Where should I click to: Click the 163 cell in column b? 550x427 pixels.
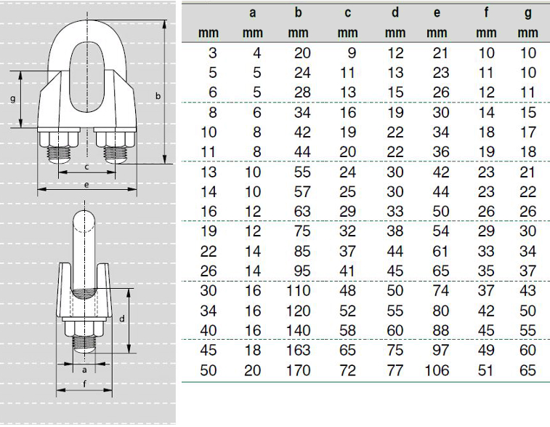point(298,351)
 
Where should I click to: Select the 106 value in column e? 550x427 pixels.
point(437,370)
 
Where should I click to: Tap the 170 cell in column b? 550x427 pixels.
point(298,370)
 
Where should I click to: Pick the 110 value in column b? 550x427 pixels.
point(298,291)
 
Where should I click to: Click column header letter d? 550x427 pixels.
point(395,12)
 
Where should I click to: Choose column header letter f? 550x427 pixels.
point(486,12)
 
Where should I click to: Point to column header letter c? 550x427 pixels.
point(347,13)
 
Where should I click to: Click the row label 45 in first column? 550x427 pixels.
point(209,351)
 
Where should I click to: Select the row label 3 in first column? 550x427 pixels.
point(213,53)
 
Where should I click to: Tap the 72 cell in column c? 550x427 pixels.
point(347,370)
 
